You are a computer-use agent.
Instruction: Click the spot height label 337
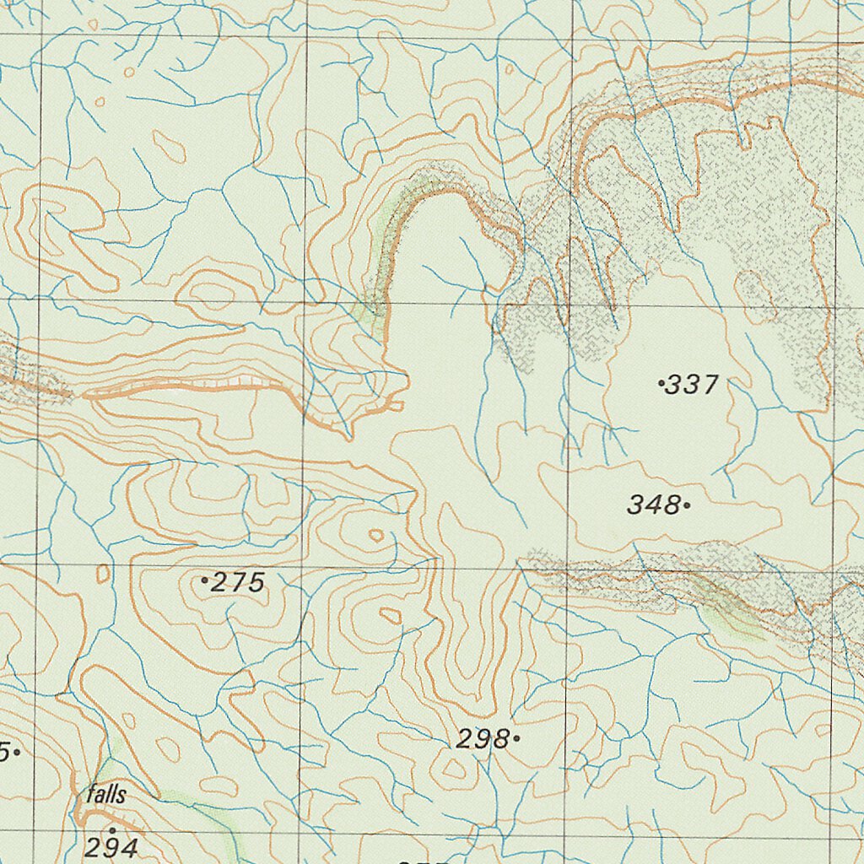click(x=692, y=386)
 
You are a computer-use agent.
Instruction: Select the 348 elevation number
click(x=653, y=505)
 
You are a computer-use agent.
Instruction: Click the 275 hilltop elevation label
click(x=238, y=582)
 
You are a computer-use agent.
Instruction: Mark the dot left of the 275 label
click(x=205, y=580)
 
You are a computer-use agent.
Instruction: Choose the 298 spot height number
click(x=483, y=740)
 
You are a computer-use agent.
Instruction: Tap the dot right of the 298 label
click(x=516, y=739)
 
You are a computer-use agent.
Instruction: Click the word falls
click(x=106, y=794)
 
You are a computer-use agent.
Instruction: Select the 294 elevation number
click(x=111, y=846)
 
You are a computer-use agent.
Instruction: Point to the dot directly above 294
click(x=111, y=830)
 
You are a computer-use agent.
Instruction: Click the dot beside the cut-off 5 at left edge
click(x=17, y=750)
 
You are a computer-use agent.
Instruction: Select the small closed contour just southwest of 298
click(x=453, y=769)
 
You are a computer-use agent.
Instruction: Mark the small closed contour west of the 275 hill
click(x=103, y=574)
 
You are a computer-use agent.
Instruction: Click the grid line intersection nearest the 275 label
click(x=303, y=564)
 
